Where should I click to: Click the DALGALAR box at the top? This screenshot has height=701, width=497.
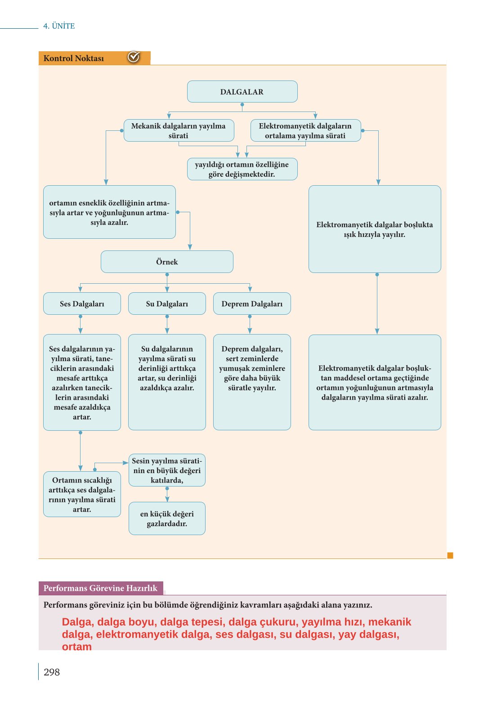coord(242,91)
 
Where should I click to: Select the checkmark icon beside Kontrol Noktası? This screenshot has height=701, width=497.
coord(134,57)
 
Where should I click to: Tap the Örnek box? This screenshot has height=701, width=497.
coord(167,262)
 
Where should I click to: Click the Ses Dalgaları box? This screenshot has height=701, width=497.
coord(82,304)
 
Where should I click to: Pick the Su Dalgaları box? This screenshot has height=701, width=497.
coord(167,304)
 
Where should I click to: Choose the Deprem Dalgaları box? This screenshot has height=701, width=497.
coord(252,304)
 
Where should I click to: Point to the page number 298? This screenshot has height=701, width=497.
coord(52,672)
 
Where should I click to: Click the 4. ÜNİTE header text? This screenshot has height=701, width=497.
coord(59,26)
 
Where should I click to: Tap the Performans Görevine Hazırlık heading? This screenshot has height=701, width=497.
coord(100,588)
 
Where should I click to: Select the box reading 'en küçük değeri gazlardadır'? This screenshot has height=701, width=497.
coord(167,518)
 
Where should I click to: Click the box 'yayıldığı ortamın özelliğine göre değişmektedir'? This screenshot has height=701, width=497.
coord(242,169)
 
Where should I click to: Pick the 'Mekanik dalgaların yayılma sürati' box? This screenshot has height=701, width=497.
coord(179,130)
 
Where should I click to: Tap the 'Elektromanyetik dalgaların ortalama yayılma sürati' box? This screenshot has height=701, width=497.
coord(305,130)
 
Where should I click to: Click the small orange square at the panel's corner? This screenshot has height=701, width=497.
coord(450,555)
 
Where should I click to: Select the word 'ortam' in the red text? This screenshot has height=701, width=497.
coord(76,647)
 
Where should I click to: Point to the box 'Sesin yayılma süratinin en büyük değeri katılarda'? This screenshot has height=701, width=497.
coord(167,470)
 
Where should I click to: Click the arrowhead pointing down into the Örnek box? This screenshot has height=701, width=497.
coord(190,247)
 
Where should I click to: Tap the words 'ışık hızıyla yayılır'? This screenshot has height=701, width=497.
coord(375,234)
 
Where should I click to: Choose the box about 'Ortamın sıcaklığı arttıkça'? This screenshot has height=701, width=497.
coord(82,494)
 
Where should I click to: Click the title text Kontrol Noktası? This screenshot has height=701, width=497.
coord(74,58)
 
